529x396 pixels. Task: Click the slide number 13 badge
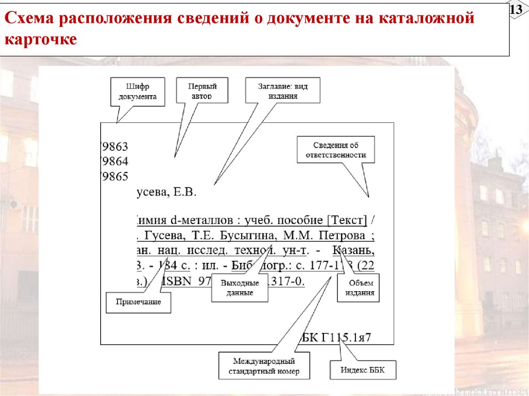point(516,10)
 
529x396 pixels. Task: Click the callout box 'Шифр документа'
point(137,91)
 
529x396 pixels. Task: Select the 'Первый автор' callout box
point(202,91)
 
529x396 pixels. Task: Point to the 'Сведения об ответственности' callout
point(335,150)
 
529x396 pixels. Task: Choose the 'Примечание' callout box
point(138,302)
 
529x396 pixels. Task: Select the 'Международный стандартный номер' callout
point(264,366)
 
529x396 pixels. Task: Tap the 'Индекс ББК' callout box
point(363,370)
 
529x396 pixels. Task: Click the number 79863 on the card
point(115,146)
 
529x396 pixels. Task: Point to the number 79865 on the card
point(115,177)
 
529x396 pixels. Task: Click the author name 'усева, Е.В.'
point(166,193)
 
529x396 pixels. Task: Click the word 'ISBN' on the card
point(179,282)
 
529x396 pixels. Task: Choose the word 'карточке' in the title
point(41,40)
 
